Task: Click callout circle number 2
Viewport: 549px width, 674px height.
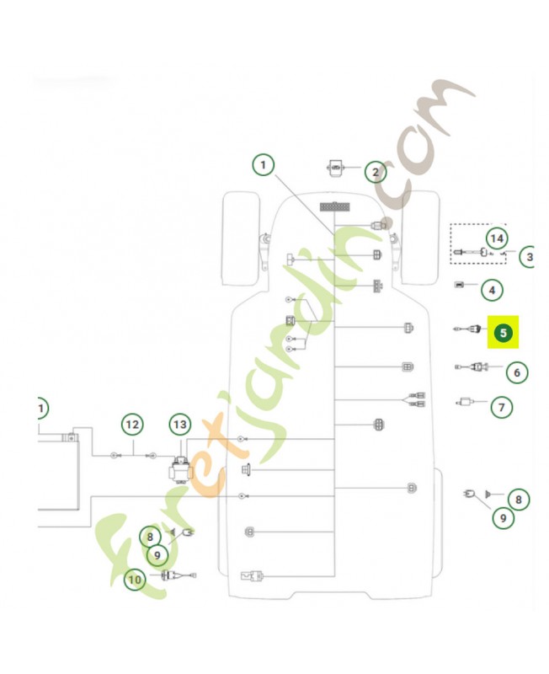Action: point(376,173)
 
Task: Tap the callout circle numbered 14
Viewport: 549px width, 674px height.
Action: point(497,238)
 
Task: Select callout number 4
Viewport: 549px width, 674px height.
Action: point(492,290)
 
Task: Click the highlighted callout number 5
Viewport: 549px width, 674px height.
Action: point(503,332)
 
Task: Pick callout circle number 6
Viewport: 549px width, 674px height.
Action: point(517,372)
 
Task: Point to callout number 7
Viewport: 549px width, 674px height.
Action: point(502,407)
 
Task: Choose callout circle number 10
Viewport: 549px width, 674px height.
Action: point(135,580)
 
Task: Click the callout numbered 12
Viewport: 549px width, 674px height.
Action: point(132,425)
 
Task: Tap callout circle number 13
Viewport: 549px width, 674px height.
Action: point(180,425)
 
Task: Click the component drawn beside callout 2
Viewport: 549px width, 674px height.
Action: point(335,167)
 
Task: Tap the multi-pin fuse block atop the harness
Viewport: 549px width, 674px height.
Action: point(334,206)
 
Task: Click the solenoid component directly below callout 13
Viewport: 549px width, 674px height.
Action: point(180,471)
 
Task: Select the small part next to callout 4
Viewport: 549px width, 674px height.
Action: point(459,285)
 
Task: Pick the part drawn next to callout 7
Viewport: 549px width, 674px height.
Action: point(465,403)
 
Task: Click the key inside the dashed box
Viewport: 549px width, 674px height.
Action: point(485,252)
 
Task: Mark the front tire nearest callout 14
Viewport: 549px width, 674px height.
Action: point(419,238)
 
